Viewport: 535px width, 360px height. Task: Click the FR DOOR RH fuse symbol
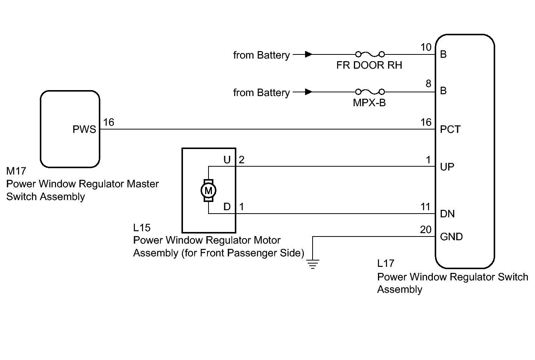point(370,54)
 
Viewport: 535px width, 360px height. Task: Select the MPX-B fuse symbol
point(370,92)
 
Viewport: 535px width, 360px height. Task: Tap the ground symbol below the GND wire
point(313,264)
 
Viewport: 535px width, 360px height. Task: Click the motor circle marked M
point(208,191)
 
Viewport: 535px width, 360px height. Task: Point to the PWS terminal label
point(85,130)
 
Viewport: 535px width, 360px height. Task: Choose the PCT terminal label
point(450,130)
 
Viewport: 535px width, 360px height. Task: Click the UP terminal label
point(447,167)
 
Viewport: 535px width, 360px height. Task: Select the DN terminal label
point(447,214)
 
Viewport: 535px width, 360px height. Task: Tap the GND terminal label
point(451,237)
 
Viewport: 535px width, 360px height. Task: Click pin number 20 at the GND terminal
point(426,230)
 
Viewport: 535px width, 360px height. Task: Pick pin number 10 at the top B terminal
point(426,47)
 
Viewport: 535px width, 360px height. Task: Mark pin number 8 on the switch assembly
point(428,84)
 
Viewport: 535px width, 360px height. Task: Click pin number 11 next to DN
point(425,207)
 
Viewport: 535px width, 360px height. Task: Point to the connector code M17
point(16,171)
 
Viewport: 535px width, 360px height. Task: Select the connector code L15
point(142,227)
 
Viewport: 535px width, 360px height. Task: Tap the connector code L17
point(386,264)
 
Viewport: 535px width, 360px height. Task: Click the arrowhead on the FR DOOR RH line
point(309,54)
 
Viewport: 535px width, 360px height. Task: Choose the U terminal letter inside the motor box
point(227,160)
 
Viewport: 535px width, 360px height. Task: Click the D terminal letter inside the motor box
point(227,207)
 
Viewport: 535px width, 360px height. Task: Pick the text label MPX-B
point(369,103)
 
